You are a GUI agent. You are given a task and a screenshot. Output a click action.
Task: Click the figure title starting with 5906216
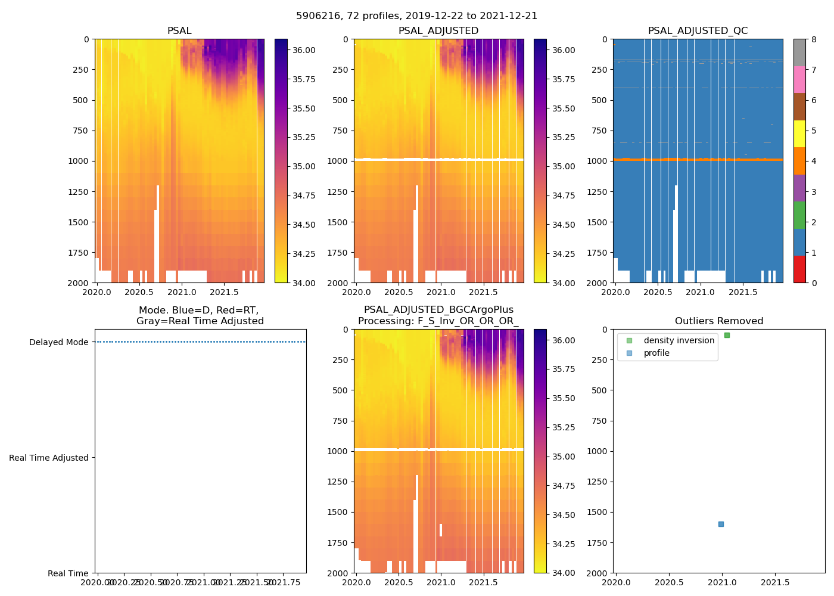pos(416,16)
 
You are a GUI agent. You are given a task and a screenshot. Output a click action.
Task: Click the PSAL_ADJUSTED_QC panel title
pos(698,31)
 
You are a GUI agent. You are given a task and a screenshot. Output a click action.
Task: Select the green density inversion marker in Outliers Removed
pos(727,335)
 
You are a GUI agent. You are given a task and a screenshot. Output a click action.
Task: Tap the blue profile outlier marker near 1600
pos(721,524)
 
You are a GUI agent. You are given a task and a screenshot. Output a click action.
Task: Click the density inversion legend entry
pos(679,340)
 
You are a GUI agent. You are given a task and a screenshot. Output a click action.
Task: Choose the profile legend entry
pos(656,353)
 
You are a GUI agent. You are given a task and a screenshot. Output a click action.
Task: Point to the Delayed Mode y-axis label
pos(58,342)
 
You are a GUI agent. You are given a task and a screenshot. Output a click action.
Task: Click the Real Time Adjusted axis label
pos(48,458)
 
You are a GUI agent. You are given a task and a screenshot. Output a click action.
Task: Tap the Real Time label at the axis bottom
pos(68,573)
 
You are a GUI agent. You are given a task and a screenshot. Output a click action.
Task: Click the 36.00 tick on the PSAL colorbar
pos(304,50)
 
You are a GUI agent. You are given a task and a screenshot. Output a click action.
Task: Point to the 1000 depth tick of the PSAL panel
pos(78,161)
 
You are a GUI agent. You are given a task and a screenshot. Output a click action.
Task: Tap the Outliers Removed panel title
pos(718,321)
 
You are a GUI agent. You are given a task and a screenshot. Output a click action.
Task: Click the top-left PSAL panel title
pos(179,31)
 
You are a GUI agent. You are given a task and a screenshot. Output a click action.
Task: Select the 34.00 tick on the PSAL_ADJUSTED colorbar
pos(563,283)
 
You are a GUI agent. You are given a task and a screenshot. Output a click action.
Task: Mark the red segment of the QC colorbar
pos(799,269)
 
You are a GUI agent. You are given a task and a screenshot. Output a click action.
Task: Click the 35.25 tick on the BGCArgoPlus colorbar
pos(563,427)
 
